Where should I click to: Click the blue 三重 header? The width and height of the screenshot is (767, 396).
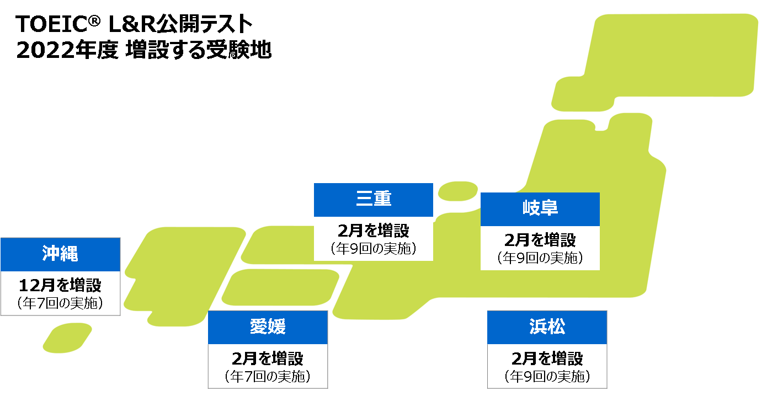pyautogui.click(x=374, y=200)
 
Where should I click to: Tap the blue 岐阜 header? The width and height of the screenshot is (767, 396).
pyautogui.click(x=540, y=209)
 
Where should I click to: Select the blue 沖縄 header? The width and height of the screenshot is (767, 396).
pyautogui.click(x=60, y=254)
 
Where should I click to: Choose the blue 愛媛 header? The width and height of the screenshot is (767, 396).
pyautogui.click(x=268, y=327)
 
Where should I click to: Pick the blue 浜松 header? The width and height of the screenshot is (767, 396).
pyautogui.click(x=547, y=327)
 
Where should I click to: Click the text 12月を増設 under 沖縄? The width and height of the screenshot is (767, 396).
pyautogui.click(x=60, y=286)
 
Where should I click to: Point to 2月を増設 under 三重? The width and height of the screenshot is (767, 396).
pyautogui.click(x=374, y=230)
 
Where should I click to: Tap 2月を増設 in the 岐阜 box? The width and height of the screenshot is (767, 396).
pyautogui.click(x=540, y=240)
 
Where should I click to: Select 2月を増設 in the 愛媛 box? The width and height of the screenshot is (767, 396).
pyautogui.click(x=268, y=359)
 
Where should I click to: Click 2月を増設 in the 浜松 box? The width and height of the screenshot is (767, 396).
pyautogui.click(x=547, y=359)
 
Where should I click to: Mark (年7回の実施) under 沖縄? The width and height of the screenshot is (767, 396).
pyautogui.click(x=60, y=303)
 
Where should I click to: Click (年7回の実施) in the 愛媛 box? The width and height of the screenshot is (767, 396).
pyautogui.click(x=268, y=376)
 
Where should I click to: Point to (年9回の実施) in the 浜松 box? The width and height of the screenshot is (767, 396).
pyautogui.click(x=547, y=376)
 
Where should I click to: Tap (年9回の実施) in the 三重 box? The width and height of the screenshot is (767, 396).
pyautogui.click(x=374, y=248)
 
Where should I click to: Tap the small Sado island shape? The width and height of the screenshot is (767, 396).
pyautogui.click(x=457, y=191)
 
